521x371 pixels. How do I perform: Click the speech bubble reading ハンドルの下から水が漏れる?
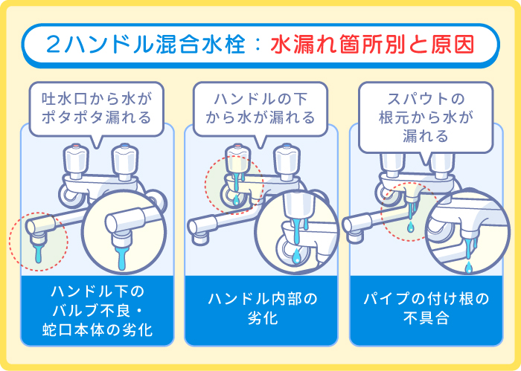[260, 106]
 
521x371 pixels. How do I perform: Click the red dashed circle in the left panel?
[38, 239]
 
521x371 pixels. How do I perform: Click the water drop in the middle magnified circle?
[298, 257]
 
